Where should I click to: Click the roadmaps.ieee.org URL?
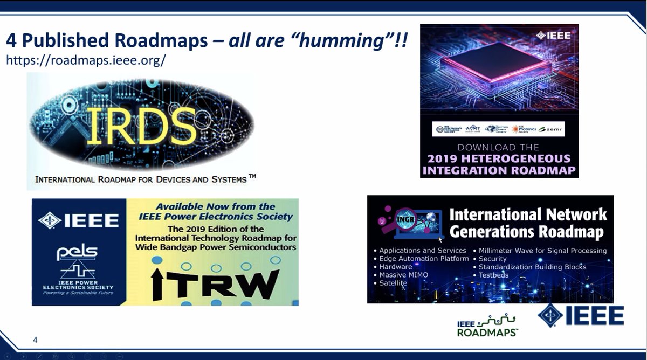[x=85, y=60]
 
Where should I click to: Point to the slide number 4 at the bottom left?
[x=35, y=340]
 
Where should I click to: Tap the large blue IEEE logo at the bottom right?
[x=581, y=316]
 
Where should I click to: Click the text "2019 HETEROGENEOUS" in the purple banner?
[x=499, y=159]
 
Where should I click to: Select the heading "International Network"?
[x=528, y=214]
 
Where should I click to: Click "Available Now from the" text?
[x=215, y=207]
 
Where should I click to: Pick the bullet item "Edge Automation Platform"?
[x=424, y=259]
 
